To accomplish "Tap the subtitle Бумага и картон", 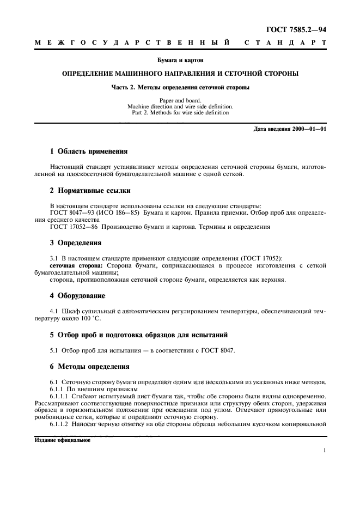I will point(180,59).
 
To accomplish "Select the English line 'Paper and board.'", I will point(180,100).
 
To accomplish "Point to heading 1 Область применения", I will point(89,151).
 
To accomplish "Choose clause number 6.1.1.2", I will point(61,423).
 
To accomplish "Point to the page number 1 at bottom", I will point(324,451).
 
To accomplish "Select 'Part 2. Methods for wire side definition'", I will point(180,112).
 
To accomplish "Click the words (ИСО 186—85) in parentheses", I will point(119,213).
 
